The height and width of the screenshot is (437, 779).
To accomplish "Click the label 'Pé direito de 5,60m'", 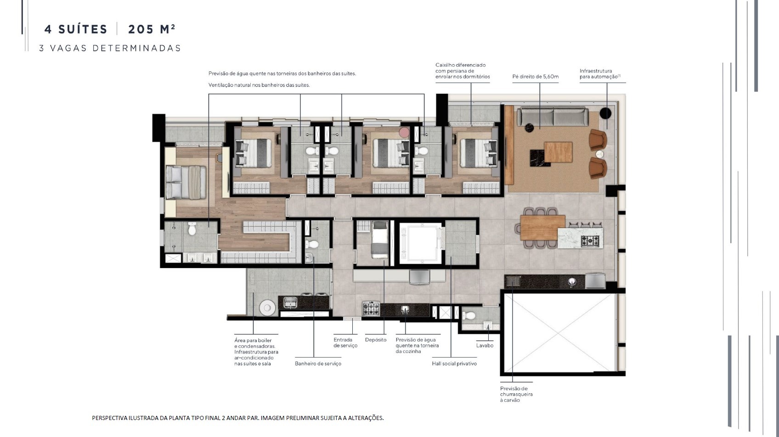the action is pyautogui.click(x=535, y=77).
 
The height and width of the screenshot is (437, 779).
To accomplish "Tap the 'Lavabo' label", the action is pyautogui.click(x=485, y=345).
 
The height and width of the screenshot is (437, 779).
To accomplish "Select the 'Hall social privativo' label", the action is pyautogui.click(x=454, y=364).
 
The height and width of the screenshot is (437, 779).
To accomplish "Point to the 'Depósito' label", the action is pyautogui.click(x=376, y=340).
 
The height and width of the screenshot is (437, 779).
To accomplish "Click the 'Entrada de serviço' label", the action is pyautogui.click(x=345, y=342).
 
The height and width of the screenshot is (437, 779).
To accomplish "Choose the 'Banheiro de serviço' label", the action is pyautogui.click(x=318, y=364).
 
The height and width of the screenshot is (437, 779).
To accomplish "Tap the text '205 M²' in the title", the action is pyautogui.click(x=151, y=29).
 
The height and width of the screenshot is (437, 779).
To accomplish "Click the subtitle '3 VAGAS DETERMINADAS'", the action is pyautogui.click(x=110, y=48).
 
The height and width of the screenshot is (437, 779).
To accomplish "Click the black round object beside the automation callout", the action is pyautogui.click(x=605, y=113).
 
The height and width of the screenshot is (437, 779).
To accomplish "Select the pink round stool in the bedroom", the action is pyautogui.click(x=404, y=133).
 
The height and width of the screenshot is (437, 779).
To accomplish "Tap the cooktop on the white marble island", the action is pyautogui.click(x=590, y=241).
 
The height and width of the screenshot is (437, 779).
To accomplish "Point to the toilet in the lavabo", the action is pyautogui.click(x=468, y=316).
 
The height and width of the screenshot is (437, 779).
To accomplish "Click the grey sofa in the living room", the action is pyautogui.click(x=553, y=117).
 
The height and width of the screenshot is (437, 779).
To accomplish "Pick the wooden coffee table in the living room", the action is pyautogui.click(x=558, y=152).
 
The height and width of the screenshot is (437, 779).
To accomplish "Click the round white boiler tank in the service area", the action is pyautogui.click(x=267, y=308).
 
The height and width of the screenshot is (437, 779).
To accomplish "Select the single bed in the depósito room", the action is pyautogui.click(x=379, y=240).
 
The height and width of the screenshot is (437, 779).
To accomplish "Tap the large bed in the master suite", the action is pyautogui.click(x=186, y=182).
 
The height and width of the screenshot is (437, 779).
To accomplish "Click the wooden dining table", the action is pyautogui.click(x=542, y=228).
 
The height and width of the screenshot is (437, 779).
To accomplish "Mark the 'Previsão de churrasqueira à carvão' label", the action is pyautogui.click(x=516, y=394).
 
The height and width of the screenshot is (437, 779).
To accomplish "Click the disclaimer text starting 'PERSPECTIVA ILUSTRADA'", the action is pyautogui.click(x=238, y=418).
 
